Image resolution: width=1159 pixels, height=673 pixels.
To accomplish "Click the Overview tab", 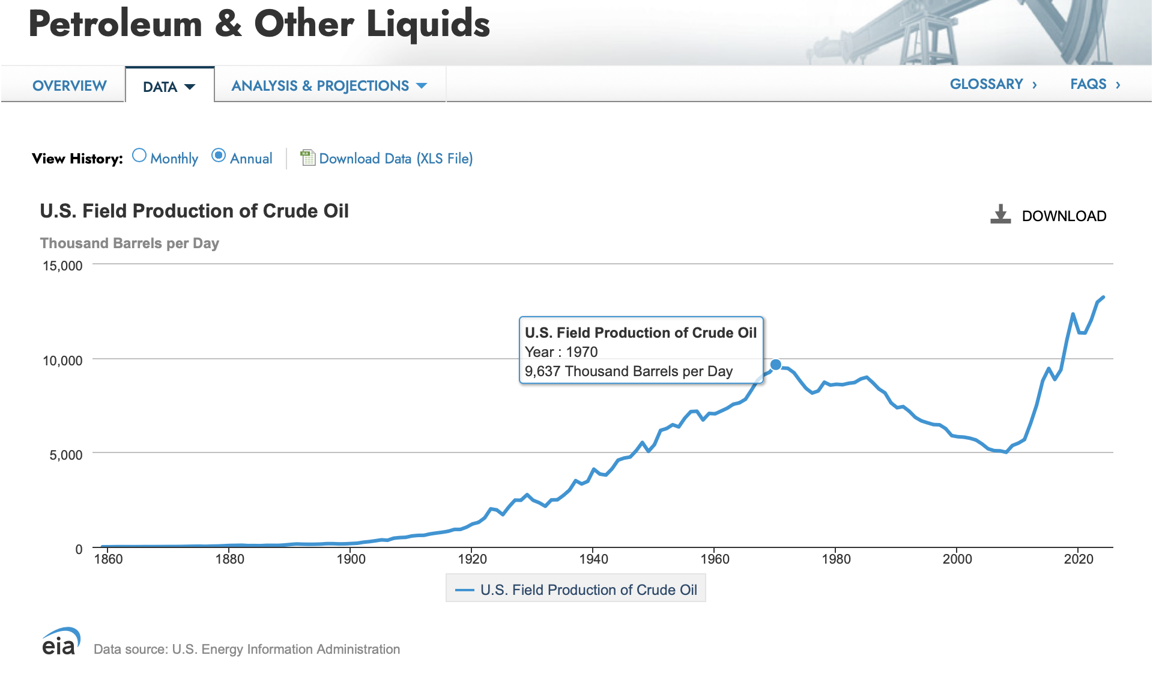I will pos(70,86).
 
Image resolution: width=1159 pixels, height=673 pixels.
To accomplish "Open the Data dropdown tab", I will pos(169,87).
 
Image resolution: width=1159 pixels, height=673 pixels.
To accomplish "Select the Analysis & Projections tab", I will pos(328,86).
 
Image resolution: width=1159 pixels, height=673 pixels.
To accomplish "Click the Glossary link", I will pos(993,84).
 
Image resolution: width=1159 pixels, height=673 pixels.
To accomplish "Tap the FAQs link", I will pos(1095,84).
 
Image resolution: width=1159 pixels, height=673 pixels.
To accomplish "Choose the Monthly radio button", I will pos(139,156).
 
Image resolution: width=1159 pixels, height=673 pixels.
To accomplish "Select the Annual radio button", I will pos(219,156).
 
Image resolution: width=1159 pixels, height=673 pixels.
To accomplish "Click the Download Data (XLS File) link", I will pos(395,159).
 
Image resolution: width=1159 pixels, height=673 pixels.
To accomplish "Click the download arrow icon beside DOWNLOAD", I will pos(1000,215).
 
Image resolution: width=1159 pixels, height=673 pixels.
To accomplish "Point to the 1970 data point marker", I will pos(776,365).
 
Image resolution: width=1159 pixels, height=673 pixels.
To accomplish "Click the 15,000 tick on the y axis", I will pos(62,266).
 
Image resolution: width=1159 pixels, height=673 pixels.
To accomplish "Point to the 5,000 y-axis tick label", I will pos(66,455).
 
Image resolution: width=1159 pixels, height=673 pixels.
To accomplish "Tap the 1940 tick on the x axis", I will pos(593,559).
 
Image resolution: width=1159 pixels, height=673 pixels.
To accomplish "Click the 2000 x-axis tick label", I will pos(957,559).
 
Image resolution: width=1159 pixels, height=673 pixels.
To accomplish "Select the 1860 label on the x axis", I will pos(108,559).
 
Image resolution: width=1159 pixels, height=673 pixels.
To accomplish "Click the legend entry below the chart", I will pos(576,589).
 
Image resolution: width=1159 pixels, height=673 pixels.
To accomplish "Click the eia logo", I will pos(61,642).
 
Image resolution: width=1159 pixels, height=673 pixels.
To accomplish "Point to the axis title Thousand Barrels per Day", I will pos(129,243).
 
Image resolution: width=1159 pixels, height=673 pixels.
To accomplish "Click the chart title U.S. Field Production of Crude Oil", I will pos(194,211).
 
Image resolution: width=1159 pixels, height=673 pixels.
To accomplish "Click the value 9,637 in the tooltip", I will pos(542,371).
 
